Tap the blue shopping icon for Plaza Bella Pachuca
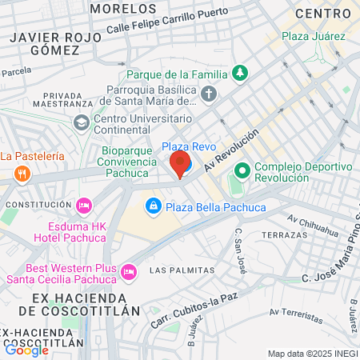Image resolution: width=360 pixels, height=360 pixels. [152, 207]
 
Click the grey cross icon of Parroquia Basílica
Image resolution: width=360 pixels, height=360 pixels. [209, 96]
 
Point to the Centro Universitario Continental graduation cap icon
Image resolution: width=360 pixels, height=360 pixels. [81, 122]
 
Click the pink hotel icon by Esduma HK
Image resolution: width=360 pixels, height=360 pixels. [82, 206]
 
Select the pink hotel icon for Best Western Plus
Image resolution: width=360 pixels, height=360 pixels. [127, 274]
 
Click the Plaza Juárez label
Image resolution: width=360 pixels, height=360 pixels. [314, 36]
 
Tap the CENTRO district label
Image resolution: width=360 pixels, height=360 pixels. [323, 14]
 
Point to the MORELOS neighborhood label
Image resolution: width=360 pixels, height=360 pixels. [123, 8]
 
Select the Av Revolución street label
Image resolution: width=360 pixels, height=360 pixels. [231, 149]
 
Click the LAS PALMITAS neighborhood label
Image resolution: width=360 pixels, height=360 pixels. [182, 270]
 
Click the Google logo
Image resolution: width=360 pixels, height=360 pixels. [26, 349]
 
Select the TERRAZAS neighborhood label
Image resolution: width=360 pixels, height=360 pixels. [284, 235]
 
